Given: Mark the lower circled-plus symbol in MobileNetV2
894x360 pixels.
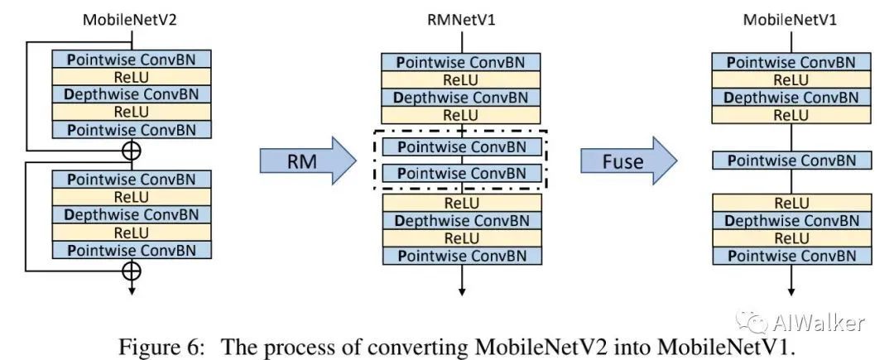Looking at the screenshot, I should click(x=130, y=270).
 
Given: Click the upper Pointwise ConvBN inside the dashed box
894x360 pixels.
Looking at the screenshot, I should click(x=461, y=146).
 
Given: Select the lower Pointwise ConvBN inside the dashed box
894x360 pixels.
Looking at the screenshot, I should click(x=461, y=174).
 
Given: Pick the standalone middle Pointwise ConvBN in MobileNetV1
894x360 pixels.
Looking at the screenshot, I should click(x=792, y=161).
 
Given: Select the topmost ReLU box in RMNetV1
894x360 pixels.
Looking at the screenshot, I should click(x=461, y=79).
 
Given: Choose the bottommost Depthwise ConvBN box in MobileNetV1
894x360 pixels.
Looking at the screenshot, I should click(x=792, y=220).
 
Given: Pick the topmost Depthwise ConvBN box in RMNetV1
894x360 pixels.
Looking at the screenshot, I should click(x=461, y=98).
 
